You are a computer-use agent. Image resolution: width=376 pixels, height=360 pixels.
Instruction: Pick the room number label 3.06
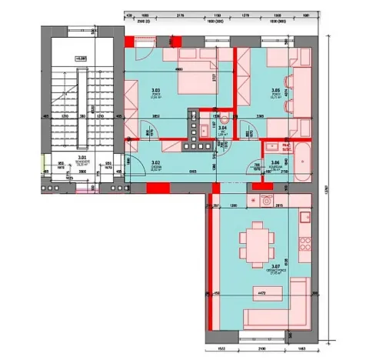(275, 163)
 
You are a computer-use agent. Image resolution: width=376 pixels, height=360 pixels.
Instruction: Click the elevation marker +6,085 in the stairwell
(80, 58)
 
